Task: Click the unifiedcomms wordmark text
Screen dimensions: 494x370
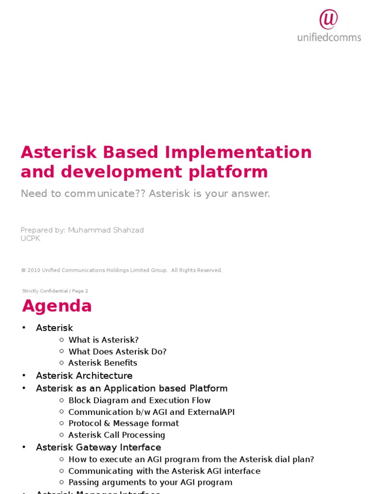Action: (x=329, y=37)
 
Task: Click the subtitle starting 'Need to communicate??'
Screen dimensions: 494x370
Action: (x=145, y=194)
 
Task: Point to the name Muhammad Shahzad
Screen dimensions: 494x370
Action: (x=106, y=230)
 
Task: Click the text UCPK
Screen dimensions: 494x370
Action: (x=30, y=238)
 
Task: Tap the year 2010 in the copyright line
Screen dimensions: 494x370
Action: (x=34, y=271)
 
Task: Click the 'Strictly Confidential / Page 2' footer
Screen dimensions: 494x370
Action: (x=55, y=291)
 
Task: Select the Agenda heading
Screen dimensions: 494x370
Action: (x=57, y=306)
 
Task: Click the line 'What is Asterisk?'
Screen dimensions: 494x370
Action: (x=103, y=340)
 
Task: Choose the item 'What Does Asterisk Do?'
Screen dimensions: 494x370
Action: (x=117, y=352)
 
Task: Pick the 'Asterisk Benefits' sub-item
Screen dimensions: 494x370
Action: (x=103, y=363)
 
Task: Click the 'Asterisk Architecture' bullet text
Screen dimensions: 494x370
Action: (x=84, y=375)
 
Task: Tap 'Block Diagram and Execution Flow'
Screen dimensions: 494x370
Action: (x=139, y=400)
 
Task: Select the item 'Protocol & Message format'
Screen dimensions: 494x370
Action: (x=123, y=423)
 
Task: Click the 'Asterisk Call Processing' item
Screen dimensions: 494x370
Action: (x=117, y=435)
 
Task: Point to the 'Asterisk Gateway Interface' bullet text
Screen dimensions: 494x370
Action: (x=98, y=447)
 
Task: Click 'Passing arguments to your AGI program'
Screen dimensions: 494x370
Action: (x=150, y=482)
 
